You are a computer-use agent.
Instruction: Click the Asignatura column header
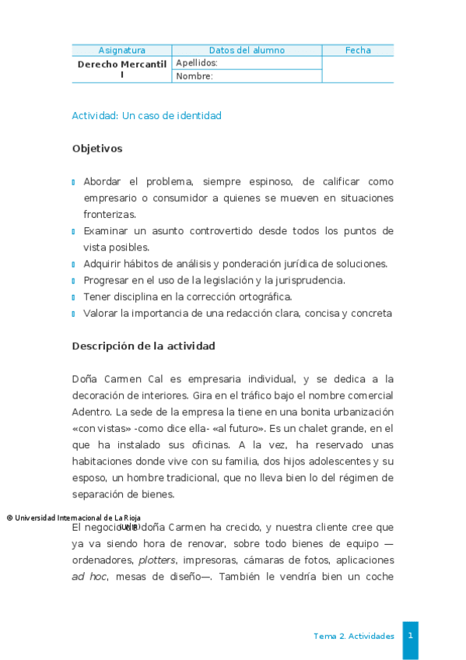click(x=121, y=51)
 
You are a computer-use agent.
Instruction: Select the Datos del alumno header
click(x=247, y=51)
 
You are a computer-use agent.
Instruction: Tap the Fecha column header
click(x=358, y=51)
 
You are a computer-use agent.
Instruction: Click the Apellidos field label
click(x=197, y=63)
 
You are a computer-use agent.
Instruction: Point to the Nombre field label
click(x=194, y=76)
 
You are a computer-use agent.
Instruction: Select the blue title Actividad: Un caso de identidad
click(x=146, y=116)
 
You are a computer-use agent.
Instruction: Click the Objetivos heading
click(x=96, y=148)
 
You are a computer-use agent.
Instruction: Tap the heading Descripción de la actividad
click(x=143, y=346)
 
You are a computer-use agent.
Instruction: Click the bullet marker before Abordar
click(x=73, y=182)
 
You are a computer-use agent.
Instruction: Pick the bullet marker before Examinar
click(x=73, y=231)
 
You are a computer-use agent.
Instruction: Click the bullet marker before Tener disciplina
click(x=73, y=297)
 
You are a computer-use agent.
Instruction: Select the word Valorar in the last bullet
click(x=100, y=314)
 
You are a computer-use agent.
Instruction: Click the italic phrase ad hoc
click(x=89, y=577)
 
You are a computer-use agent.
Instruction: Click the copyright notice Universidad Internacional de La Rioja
click(x=73, y=518)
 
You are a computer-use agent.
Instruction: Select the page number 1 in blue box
click(x=410, y=636)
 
